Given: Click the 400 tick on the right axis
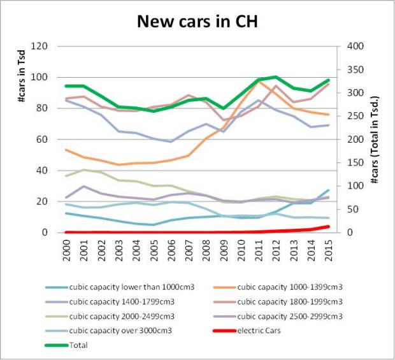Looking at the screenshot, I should (x=355, y=47).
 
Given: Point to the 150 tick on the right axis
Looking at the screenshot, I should (x=355, y=163).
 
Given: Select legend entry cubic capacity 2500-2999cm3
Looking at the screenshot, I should (x=290, y=315).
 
